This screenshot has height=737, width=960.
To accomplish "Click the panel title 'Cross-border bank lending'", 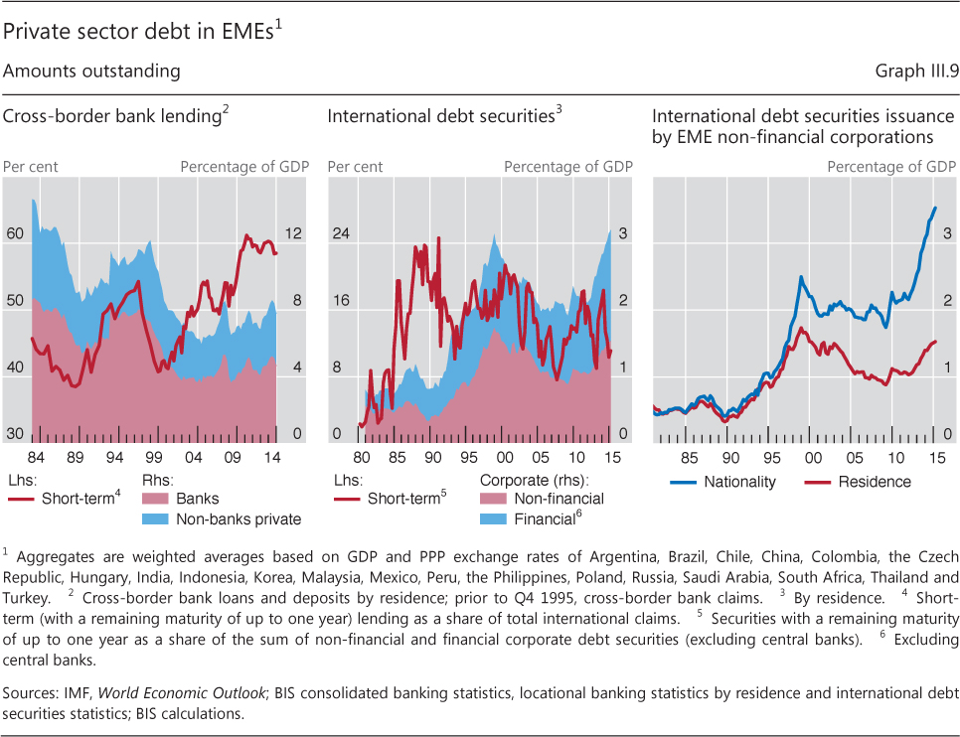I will [x=112, y=117].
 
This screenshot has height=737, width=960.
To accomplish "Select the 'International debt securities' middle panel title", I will [x=441, y=117].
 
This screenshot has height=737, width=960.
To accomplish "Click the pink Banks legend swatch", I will [x=157, y=499].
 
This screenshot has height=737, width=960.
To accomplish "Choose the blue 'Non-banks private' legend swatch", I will [x=157, y=518].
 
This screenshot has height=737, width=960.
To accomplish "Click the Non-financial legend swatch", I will [x=494, y=499].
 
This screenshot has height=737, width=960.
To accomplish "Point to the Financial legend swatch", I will [x=494, y=518].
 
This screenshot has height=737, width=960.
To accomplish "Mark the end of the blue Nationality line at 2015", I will [x=935, y=208].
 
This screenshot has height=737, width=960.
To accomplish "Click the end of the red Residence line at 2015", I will [x=935, y=342].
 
